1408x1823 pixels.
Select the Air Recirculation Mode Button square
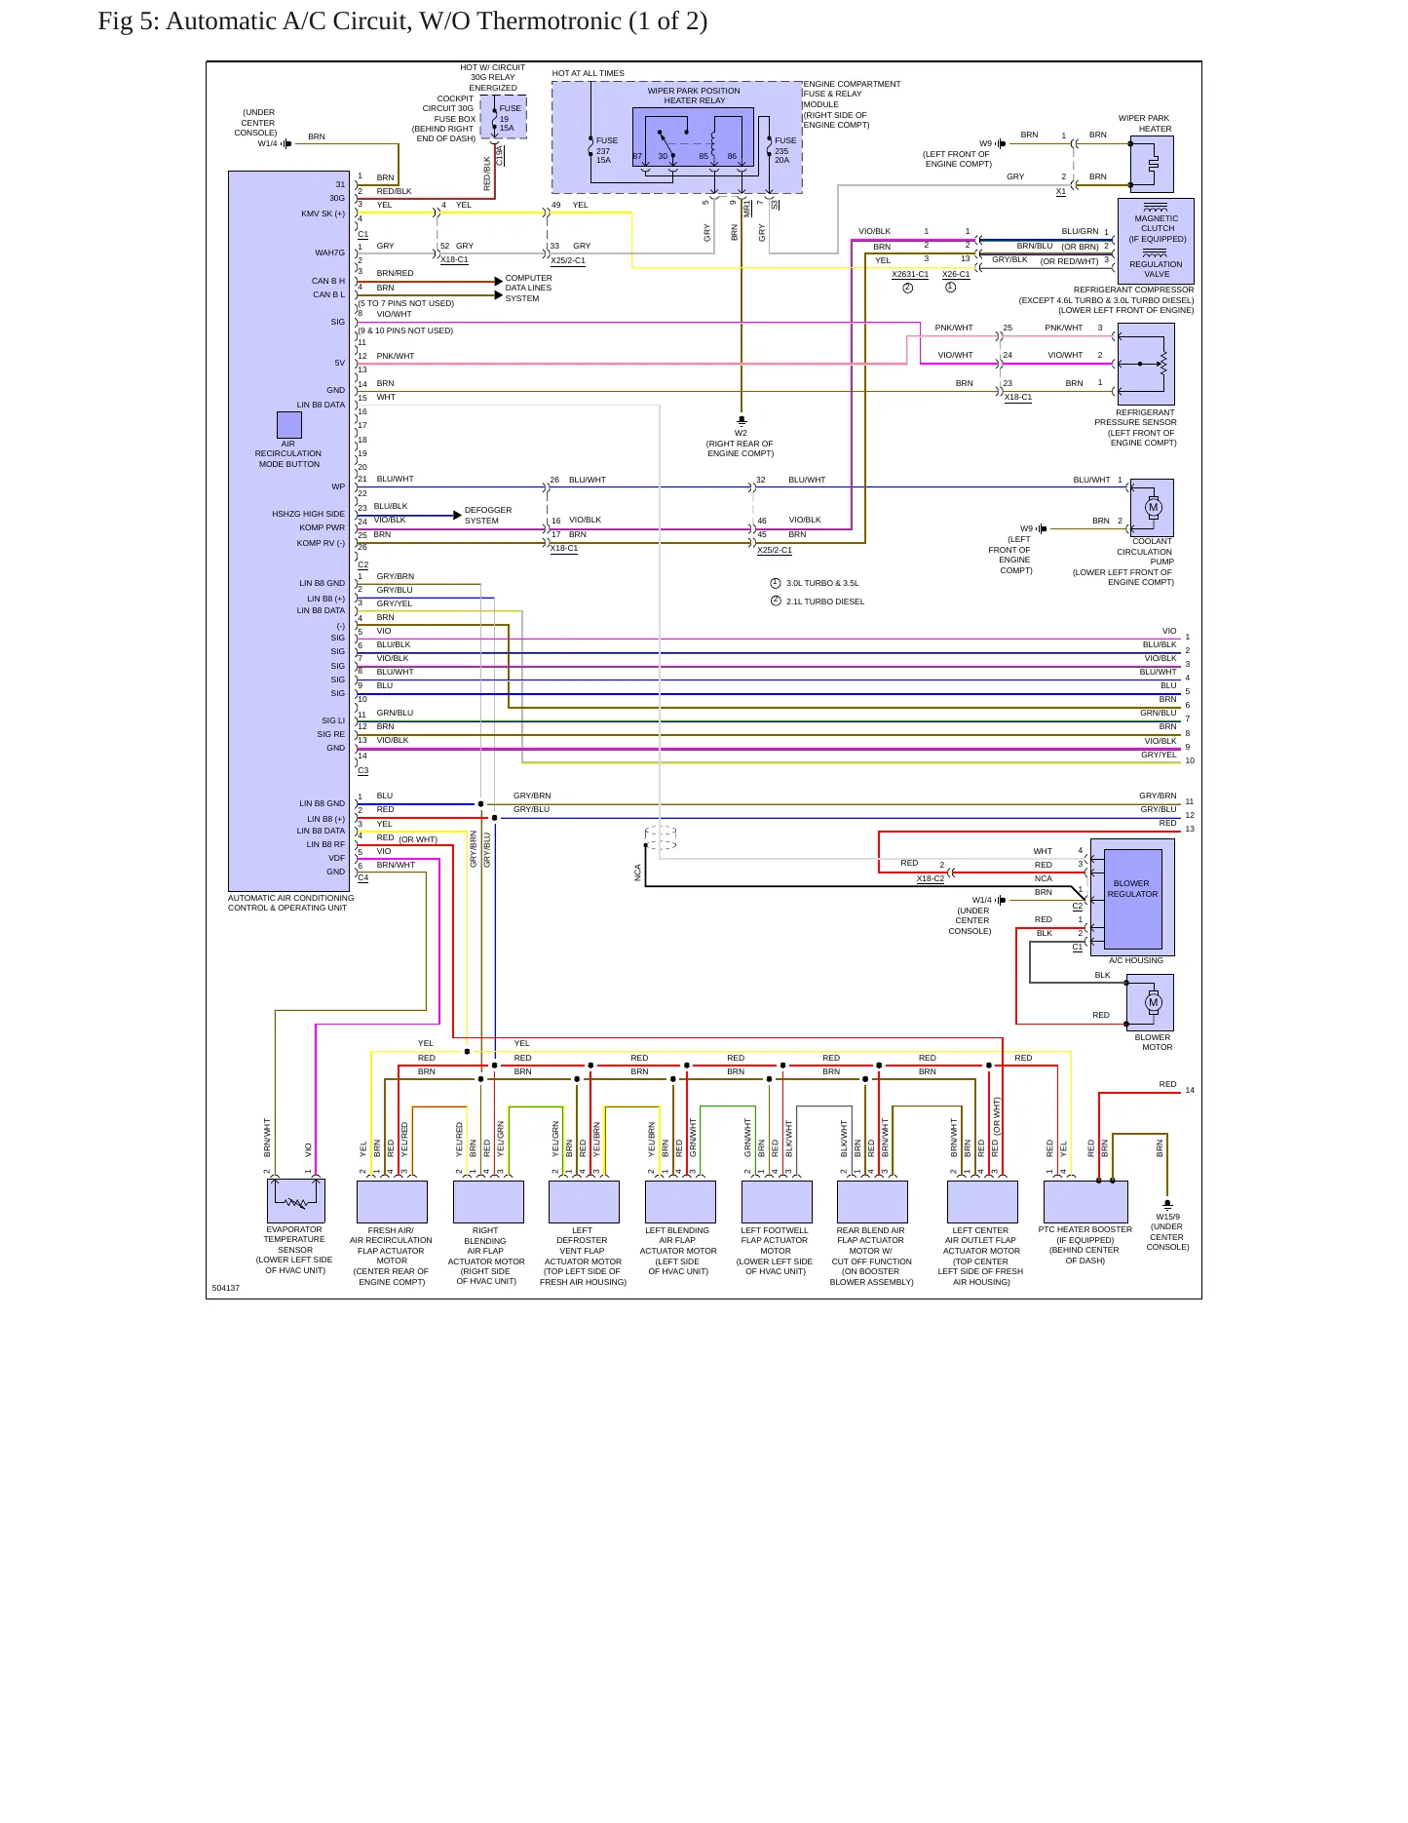coord(289,425)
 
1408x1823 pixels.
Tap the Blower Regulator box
coord(1132,897)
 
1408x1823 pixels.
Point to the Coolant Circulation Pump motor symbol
coord(1152,507)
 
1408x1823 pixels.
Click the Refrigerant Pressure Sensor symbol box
coord(1146,364)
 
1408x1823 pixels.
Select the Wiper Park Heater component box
coord(1152,164)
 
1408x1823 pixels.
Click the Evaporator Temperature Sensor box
coord(296,1201)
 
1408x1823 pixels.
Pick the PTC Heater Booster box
coord(1085,1202)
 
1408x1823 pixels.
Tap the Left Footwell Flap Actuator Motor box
coord(777,1202)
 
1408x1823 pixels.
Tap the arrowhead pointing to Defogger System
coord(457,515)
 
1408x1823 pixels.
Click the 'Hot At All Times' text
coord(588,73)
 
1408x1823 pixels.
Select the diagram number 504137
coord(226,1288)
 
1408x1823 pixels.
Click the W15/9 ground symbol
coord(1167,1205)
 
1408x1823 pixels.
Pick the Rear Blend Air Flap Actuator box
coord(872,1202)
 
